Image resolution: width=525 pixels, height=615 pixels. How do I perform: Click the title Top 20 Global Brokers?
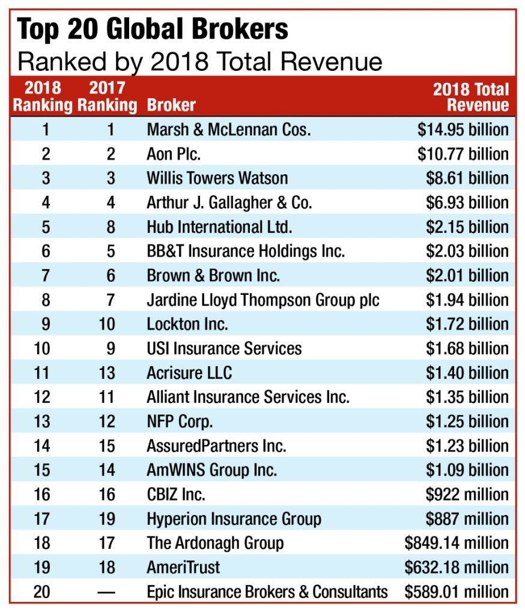[153, 29]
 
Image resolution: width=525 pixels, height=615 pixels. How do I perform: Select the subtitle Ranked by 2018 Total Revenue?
[199, 61]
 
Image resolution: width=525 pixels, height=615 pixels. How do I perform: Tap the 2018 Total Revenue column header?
[471, 97]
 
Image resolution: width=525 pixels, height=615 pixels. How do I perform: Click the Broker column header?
[171, 105]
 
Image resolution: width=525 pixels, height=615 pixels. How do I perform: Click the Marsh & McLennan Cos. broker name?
[228, 129]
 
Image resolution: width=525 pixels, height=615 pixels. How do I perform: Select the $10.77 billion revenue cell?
[463, 154]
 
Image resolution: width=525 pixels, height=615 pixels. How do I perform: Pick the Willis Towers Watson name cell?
[217, 178]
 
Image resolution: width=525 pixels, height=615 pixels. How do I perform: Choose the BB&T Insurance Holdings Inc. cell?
[246, 251]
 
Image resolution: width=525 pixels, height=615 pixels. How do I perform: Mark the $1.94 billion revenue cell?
[467, 300]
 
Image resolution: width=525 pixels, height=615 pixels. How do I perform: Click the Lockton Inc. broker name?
[187, 324]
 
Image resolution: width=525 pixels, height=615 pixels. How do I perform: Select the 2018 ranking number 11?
[42, 373]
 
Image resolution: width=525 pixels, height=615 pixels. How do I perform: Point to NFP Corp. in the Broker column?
[180, 422]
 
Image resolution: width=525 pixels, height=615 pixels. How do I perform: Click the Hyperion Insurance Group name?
[234, 519]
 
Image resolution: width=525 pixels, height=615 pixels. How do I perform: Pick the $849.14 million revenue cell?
[457, 543]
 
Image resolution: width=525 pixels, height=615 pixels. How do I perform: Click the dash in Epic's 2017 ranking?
[107, 592]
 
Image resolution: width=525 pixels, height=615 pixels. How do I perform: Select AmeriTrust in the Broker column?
[183, 568]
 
